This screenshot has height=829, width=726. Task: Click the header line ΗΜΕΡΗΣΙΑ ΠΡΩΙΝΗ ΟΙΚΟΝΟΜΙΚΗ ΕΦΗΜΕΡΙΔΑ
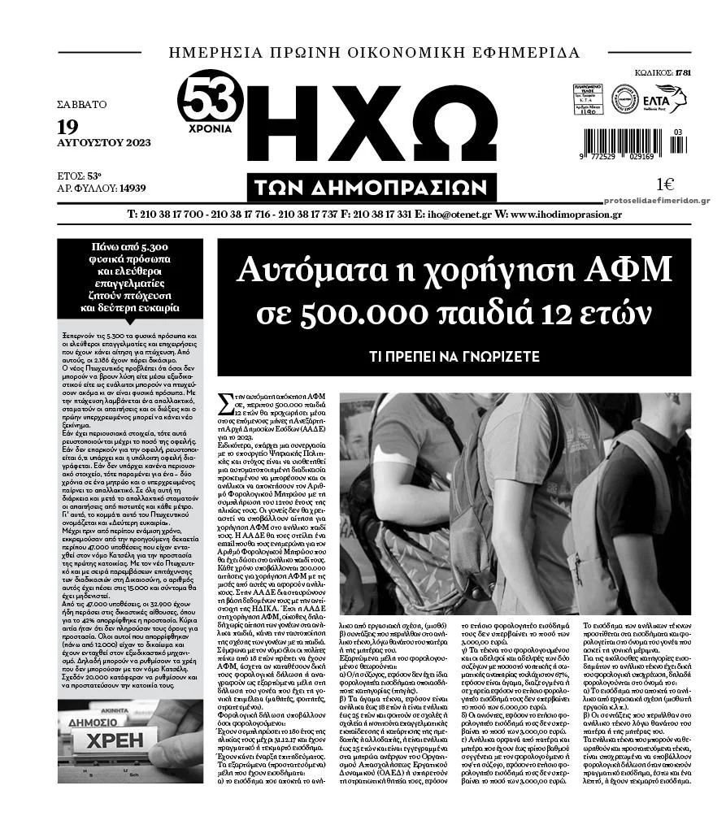374,54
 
